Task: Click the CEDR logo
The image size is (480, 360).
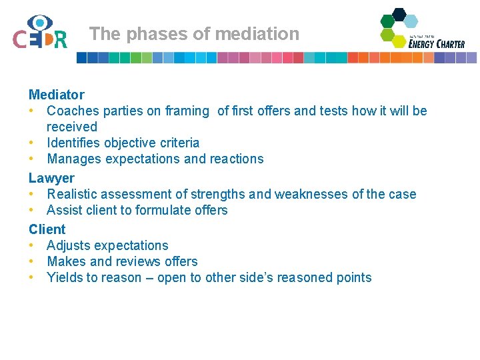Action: [40, 33]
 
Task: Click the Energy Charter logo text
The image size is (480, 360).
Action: [437, 43]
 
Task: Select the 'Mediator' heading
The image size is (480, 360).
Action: [57, 95]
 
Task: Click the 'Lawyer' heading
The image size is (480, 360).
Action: [51, 178]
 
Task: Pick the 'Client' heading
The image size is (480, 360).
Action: [47, 229]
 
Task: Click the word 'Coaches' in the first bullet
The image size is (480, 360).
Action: [73, 111]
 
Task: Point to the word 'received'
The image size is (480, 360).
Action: [72, 127]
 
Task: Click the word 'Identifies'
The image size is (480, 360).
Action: [75, 143]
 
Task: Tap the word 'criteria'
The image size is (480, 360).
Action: [176, 143]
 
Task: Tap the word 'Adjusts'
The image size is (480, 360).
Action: [69, 245]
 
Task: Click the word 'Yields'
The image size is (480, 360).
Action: [65, 277]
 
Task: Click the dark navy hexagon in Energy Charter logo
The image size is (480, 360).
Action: [399, 14]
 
